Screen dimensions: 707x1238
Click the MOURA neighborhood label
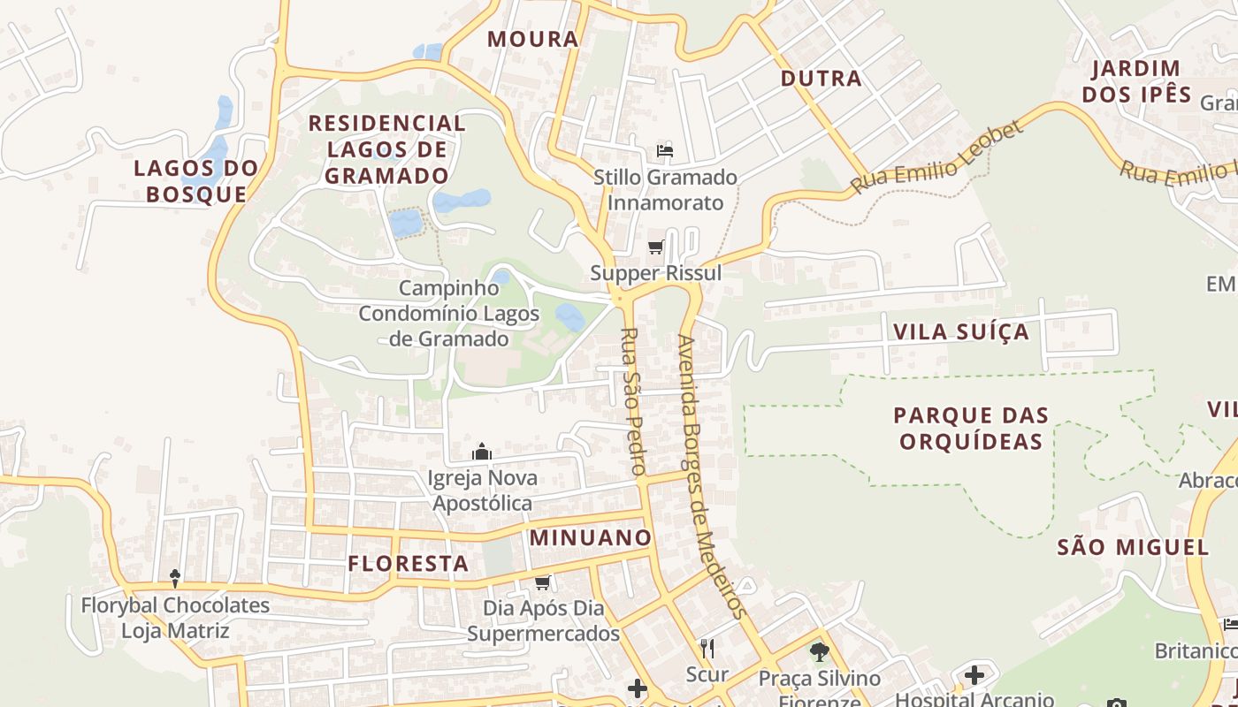(x=532, y=39)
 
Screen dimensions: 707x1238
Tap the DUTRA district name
(x=821, y=79)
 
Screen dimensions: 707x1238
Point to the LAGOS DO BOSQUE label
(x=196, y=181)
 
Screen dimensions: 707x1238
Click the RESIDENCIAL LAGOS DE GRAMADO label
(x=386, y=149)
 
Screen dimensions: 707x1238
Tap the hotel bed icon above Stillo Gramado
(x=665, y=151)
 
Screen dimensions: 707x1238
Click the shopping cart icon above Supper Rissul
(x=655, y=247)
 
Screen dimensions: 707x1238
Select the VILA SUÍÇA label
(x=961, y=332)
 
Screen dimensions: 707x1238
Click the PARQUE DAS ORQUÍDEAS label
(x=971, y=429)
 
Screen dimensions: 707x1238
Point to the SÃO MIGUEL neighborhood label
(x=1133, y=547)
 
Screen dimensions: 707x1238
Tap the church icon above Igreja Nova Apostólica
(x=482, y=452)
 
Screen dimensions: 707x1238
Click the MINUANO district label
(x=590, y=537)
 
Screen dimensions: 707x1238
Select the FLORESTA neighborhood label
(x=408, y=564)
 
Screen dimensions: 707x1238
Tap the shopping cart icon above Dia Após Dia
(x=543, y=582)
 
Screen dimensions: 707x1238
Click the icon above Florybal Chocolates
(x=175, y=579)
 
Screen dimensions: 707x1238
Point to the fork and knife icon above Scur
(x=707, y=649)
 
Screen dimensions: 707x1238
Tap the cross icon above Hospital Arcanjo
(x=974, y=676)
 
